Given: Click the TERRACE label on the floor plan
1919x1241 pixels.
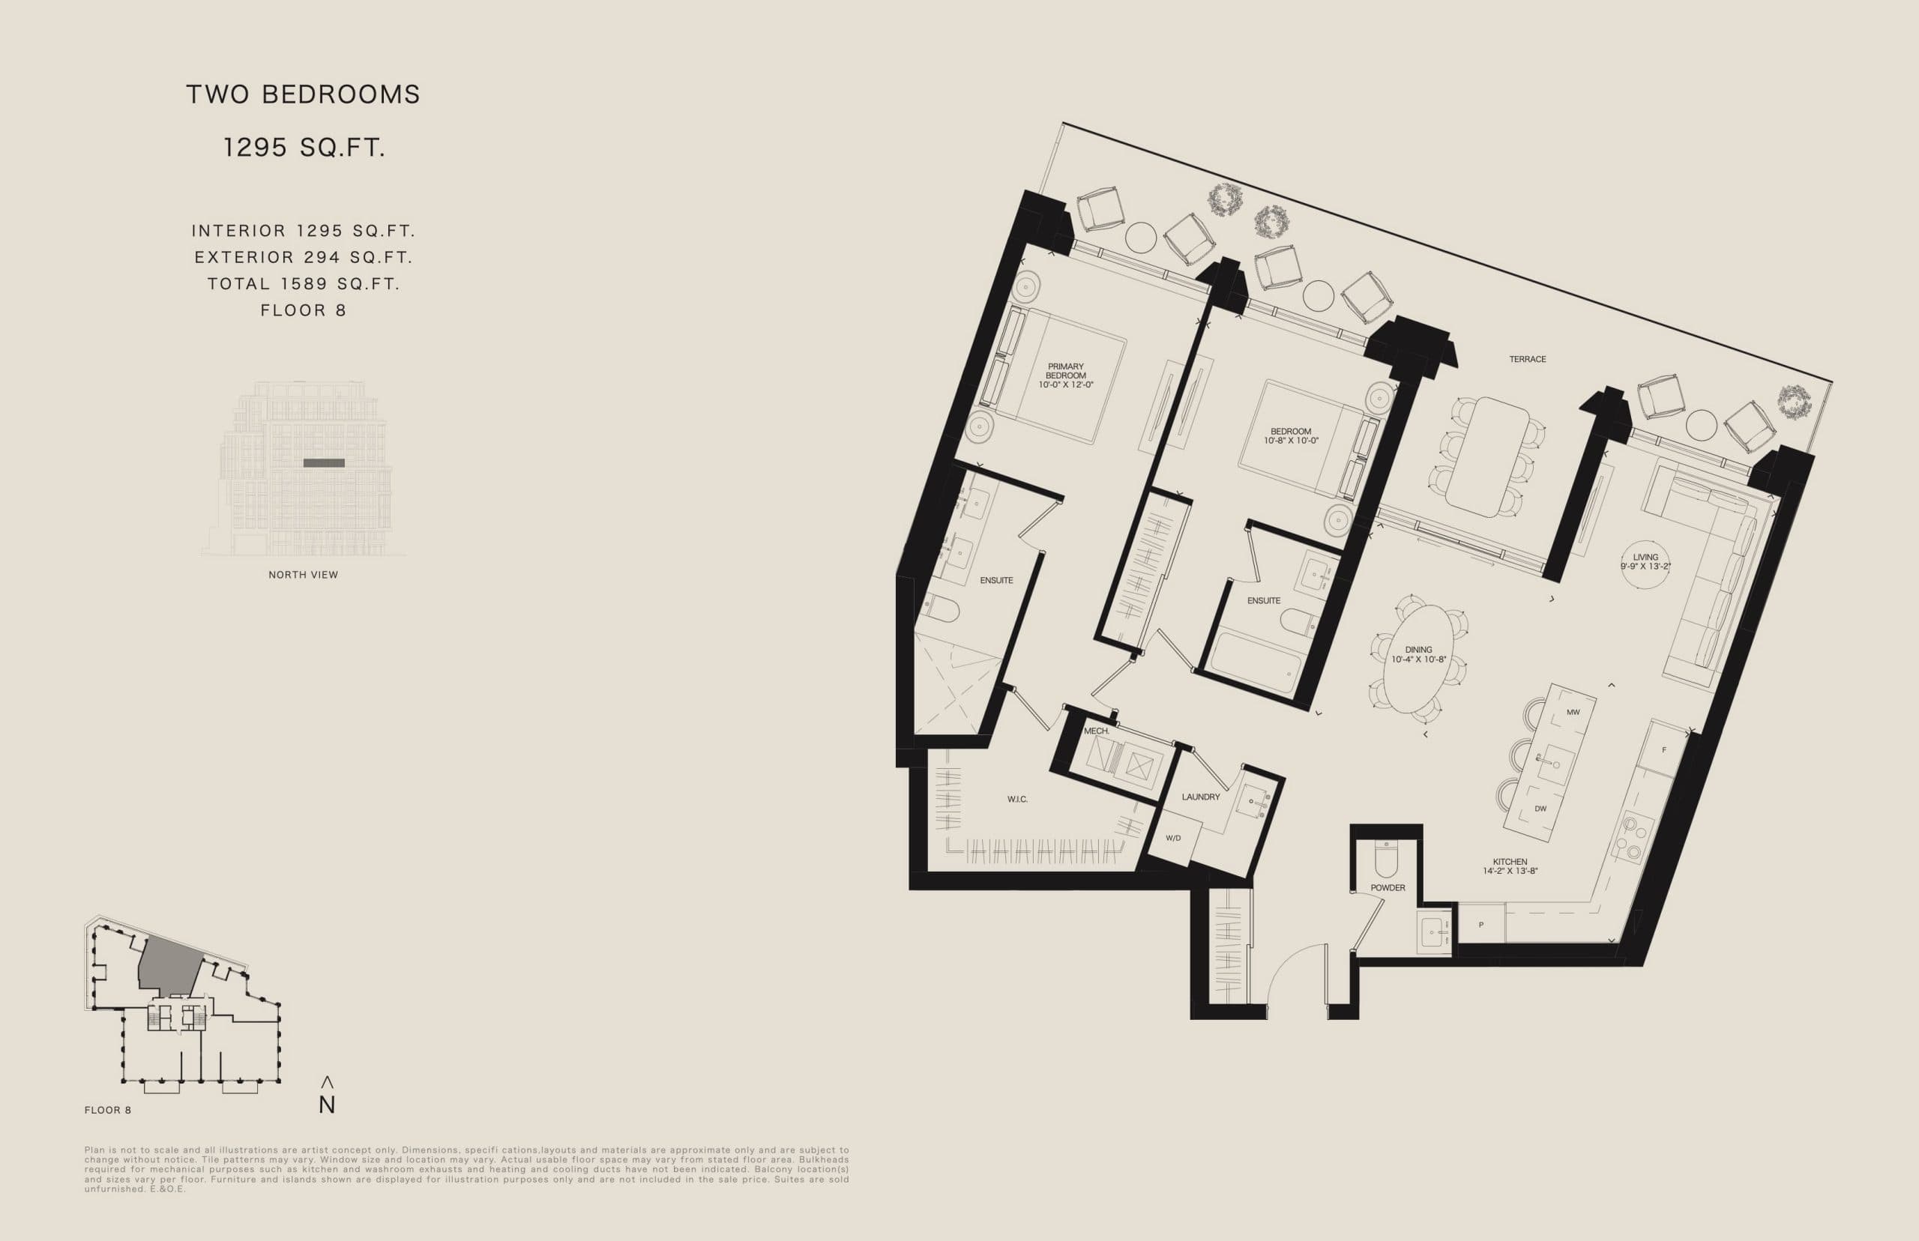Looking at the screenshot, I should pyautogui.click(x=1527, y=360).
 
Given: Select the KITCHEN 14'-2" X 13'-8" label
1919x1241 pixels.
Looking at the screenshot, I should pyautogui.click(x=1509, y=866).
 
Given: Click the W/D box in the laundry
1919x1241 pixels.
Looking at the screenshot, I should pyautogui.click(x=1172, y=838).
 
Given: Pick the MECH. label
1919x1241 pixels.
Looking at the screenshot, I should pyautogui.click(x=1096, y=731).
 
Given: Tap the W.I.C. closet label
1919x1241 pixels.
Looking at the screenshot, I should pyautogui.click(x=1017, y=800).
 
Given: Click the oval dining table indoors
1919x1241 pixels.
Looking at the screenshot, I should pyautogui.click(x=1418, y=659).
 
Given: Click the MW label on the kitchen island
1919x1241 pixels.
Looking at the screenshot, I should pyautogui.click(x=1573, y=713).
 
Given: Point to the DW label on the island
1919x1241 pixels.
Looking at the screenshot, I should pyautogui.click(x=1540, y=809).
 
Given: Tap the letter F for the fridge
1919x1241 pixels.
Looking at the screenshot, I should pyautogui.click(x=1663, y=750).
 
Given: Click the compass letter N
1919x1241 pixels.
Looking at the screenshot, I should pyautogui.click(x=326, y=1105).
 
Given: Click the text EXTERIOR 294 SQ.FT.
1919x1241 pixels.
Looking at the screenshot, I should pyautogui.click(x=303, y=257).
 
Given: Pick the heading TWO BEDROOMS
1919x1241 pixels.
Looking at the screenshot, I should pyautogui.click(x=303, y=94).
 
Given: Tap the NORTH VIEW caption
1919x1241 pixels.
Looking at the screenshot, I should pyautogui.click(x=303, y=575).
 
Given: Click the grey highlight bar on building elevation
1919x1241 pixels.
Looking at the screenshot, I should pyautogui.click(x=324, y=463).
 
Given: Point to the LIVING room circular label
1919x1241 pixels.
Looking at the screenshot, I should pyautogui.click(x=1645, y=562).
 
